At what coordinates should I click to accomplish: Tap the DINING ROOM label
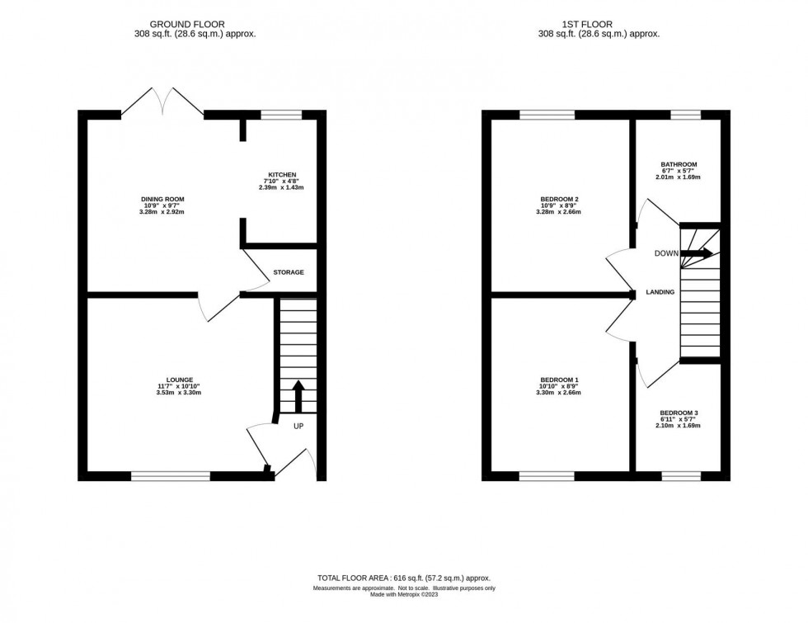[162, 199]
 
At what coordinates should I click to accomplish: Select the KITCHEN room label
[281, 175]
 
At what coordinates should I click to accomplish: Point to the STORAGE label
[289, 272]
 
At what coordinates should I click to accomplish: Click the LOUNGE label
[178, 380]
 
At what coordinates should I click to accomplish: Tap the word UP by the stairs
[298, 427]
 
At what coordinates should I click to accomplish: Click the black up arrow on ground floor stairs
[298, 394]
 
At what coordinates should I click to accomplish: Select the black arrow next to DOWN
[697, 254]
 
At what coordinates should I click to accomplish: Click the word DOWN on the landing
[666, 254]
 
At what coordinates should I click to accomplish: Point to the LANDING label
[660, 292]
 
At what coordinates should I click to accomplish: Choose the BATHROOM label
[679, 164]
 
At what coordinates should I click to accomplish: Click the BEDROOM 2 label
[559, 199]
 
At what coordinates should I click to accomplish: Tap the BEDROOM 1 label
[559, 380]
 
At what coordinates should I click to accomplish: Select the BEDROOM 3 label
[679, 413]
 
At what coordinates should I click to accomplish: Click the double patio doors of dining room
[163, 103]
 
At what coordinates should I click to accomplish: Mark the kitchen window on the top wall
[281, 115]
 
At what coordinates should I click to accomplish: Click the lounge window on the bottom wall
[170, 475]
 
